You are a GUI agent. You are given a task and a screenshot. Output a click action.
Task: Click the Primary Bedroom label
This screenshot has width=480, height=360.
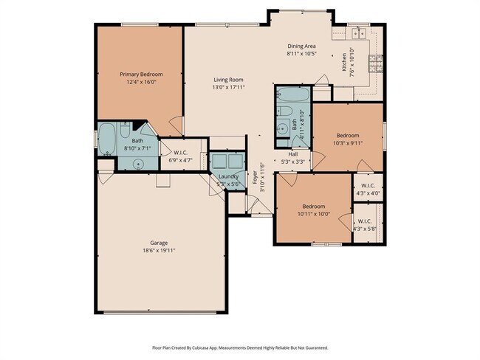[141, 75]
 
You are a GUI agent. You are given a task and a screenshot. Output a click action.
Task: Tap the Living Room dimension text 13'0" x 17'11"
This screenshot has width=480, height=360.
[228, 88]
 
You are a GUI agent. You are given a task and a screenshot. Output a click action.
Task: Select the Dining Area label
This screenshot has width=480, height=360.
[301, 46]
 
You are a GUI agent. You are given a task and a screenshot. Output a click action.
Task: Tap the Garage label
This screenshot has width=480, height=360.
[159, 243]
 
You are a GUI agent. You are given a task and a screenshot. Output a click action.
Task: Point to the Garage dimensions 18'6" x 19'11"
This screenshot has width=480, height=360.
[159, 251]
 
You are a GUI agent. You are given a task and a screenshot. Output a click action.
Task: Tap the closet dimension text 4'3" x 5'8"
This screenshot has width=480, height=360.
[366, 229]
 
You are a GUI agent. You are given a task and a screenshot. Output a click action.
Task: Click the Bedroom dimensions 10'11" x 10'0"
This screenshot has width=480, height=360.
[315, 214]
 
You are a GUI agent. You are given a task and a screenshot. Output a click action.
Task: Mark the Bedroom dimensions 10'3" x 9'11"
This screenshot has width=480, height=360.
[348, 143]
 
